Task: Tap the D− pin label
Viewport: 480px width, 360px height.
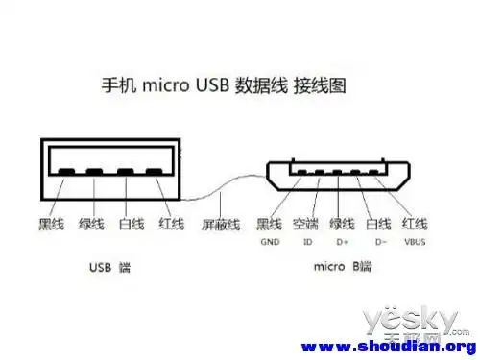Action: [377, 244]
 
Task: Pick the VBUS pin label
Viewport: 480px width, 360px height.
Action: [415, 244]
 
